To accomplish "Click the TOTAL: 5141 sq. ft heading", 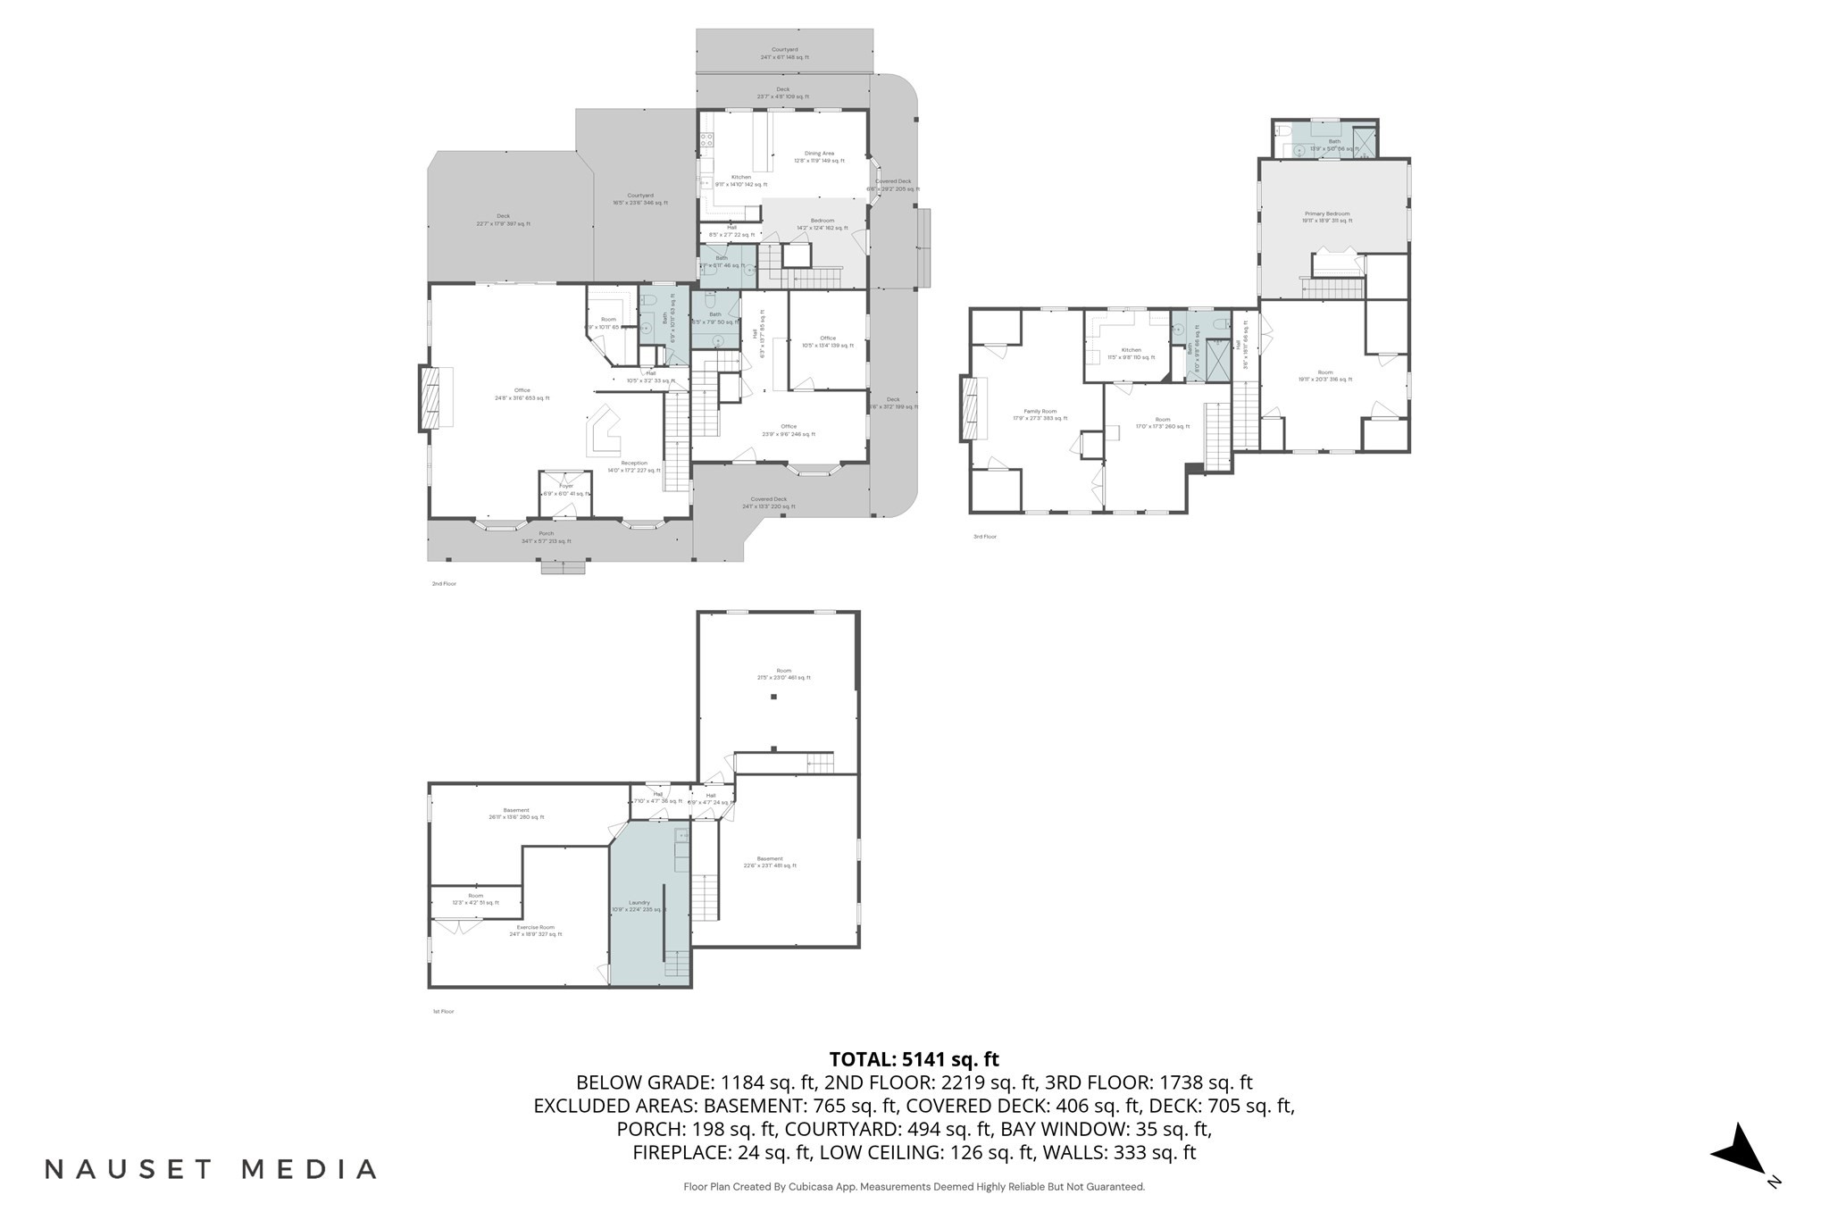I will pyautogui.click(x=914, y=1059).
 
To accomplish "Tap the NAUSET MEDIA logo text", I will pyautogui.click(x=211, y=1169).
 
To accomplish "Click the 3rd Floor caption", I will pyautogui.click(x=985, y=537).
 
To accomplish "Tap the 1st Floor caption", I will pyautogui.click(x=443, y=1012).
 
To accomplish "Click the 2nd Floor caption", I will pyautogui.click(x=444, y=584).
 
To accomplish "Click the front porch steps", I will pyautogui.click(x=563, y=567).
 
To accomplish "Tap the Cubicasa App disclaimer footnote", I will pyautogui.click(x=914, y=1187).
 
